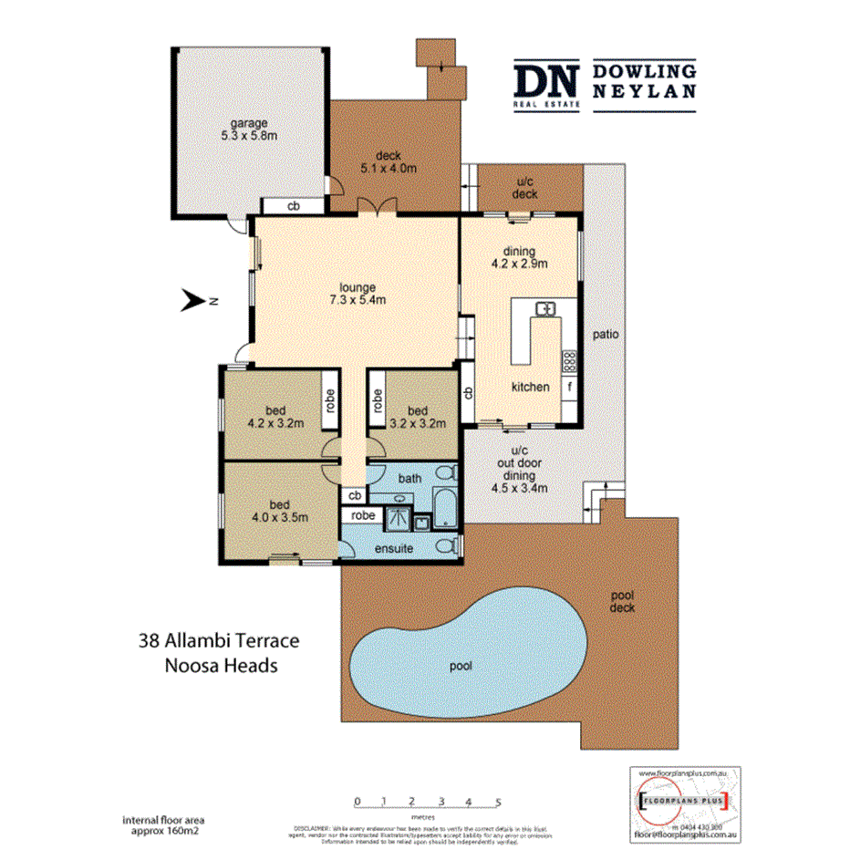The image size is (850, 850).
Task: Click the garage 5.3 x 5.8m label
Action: [x=248, y=128]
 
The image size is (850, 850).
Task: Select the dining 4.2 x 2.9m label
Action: [x=518, y=258]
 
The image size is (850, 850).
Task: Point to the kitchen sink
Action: [x=545, y=309]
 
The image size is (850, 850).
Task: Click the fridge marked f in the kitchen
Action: [x=569, y=387]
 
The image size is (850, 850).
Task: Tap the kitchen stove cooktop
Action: [x=569, y=361]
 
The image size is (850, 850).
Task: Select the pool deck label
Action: [x=623, y=602]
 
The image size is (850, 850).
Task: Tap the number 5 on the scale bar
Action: [x=498, y=802]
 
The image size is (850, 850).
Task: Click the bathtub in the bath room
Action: [x=445, y=507]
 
